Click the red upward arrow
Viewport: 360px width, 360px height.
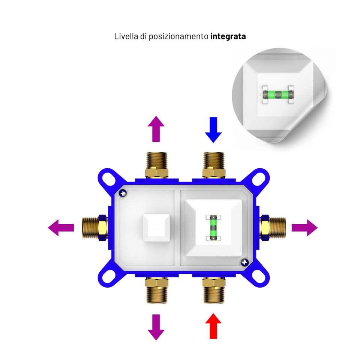[x=213, y=325]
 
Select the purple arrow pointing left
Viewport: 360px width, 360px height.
[x=61, y=228]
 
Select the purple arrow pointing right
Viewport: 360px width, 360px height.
[x=305, y=228]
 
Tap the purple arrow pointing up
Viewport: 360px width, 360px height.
[x=156, y=129]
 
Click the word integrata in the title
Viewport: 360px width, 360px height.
[x=228, y=37]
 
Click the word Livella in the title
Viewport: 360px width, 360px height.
[x=125, y=37]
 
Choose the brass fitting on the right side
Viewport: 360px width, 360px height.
[x=273, y=228]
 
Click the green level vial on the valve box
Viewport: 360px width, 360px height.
[x=213, y=228]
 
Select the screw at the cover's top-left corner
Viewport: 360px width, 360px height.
[x=123, y=193]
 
